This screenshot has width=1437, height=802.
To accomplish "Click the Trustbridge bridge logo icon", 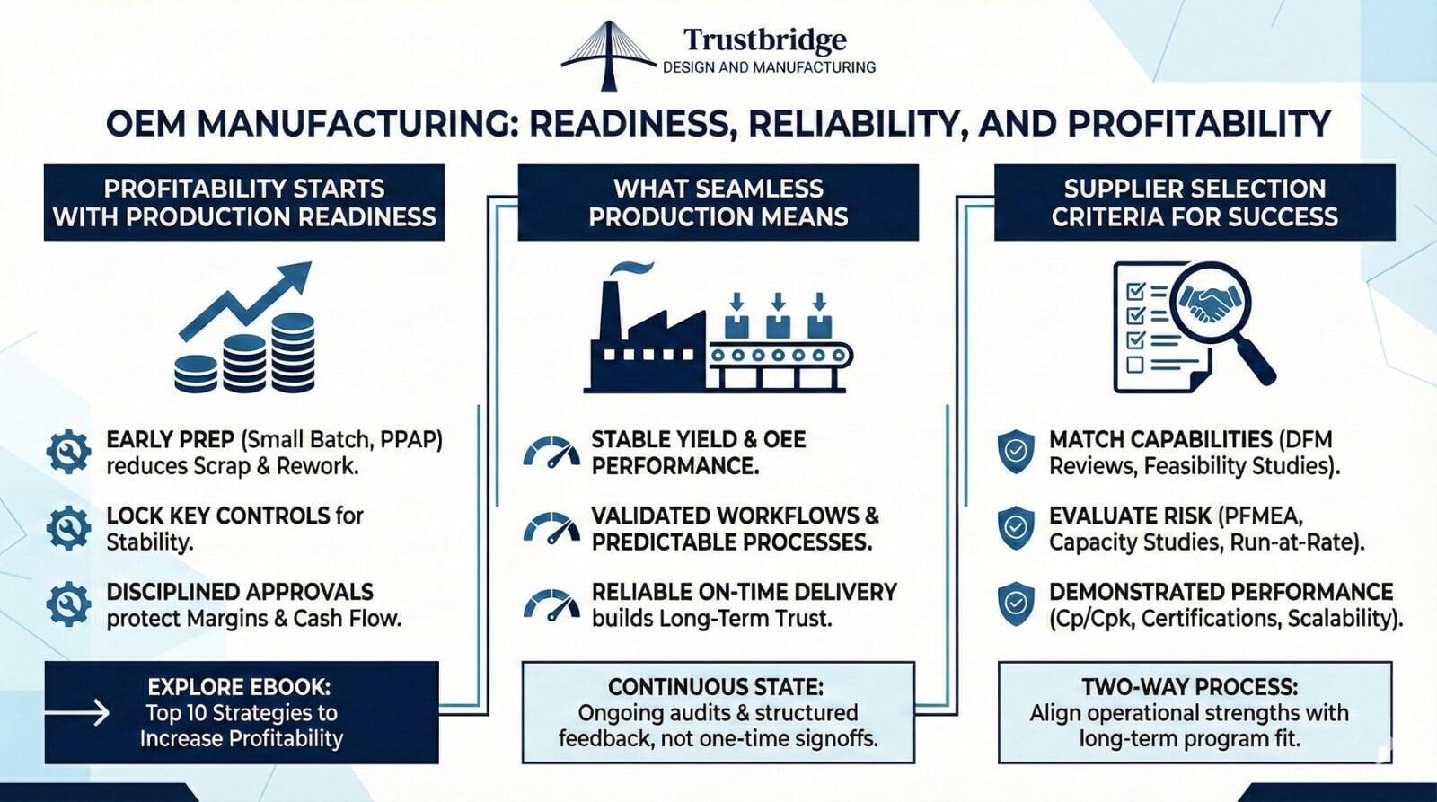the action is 609,56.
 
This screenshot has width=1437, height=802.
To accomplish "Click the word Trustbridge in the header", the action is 764,40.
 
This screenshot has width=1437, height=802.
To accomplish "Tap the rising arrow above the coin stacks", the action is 245,300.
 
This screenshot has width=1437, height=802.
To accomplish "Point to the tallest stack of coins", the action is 293,353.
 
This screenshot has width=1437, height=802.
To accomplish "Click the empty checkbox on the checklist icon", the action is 1135,365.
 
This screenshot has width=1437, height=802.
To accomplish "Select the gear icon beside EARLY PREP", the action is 68,453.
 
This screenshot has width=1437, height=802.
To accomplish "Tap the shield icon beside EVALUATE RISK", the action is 1016,527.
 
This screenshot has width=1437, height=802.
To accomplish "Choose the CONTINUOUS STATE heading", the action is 715,687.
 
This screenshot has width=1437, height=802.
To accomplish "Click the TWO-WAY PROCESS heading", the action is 1190,687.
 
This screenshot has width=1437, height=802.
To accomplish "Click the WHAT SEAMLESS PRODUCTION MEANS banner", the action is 718,202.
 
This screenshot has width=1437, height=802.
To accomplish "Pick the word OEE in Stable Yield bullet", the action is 784,439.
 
